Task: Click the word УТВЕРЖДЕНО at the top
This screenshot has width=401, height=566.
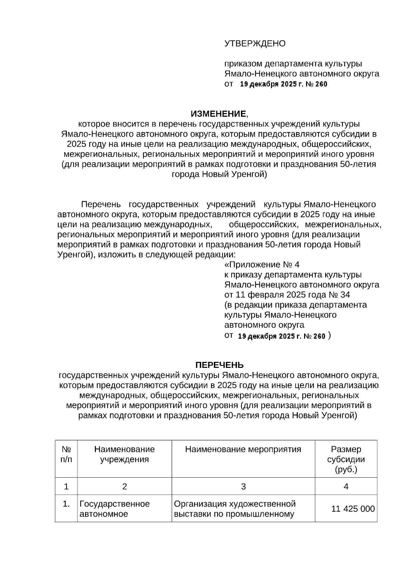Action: (x=255, y=44)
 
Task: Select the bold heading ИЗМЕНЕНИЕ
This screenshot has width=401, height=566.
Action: (x=218, y=114)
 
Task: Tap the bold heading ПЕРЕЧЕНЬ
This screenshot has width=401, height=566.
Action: (x=219, y=365)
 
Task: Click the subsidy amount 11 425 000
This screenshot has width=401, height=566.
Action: (x=353, y=509)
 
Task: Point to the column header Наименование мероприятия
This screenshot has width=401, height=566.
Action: (x=243, y=449)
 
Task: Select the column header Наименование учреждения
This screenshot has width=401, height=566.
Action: (x=124, y=454)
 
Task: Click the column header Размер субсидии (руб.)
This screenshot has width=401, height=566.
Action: (x=346, y=459)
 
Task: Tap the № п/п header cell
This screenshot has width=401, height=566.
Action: (x=66, y=454)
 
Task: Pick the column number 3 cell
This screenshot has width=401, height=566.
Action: (x=243, y=487)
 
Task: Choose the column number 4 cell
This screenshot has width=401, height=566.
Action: (x=346, y=487)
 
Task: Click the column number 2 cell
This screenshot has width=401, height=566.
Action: (x=124, y=487)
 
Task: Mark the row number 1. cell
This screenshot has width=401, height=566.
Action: (x=66, y=504)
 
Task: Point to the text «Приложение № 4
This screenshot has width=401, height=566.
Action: (x=262, y=265)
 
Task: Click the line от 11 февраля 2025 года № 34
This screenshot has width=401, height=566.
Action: (x=287, y=295)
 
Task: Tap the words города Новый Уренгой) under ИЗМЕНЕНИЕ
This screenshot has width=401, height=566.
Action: (x=219, y=174)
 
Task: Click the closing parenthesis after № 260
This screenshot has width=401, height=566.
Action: (x=329, y=336)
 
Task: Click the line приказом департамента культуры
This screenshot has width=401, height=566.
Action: (x=293, y=64)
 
